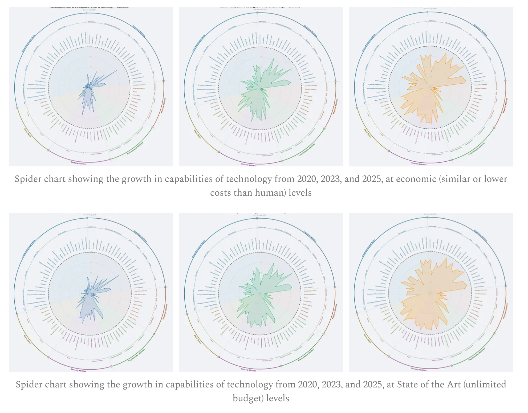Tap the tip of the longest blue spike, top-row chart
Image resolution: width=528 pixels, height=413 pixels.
[117, 70]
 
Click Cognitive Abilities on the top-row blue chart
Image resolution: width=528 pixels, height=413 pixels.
[139, 32]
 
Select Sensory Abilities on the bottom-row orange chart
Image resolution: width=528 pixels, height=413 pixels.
[419, 369]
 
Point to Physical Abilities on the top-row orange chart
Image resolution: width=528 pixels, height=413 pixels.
[505, 105]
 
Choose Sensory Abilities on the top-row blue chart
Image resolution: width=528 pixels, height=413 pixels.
[78, 163]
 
